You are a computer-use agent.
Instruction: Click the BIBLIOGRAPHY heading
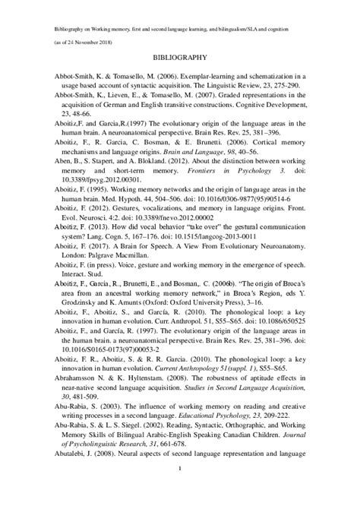180,58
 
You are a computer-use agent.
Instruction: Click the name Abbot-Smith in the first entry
74,77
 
